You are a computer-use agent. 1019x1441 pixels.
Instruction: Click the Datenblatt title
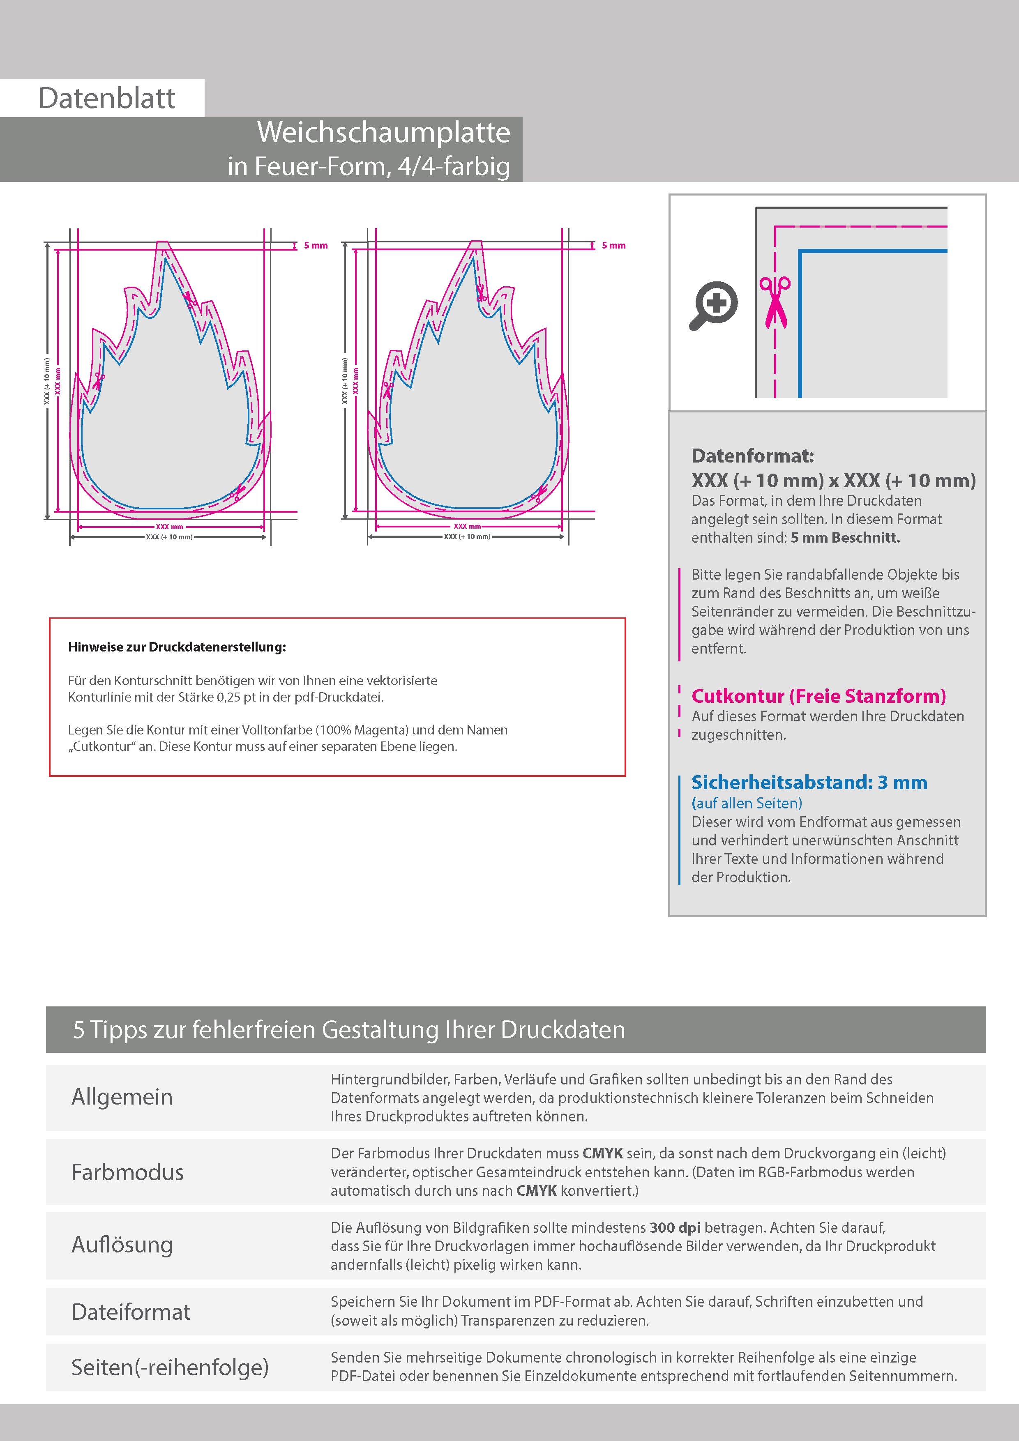[107, 99]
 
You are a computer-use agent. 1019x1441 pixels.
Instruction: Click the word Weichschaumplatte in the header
[384, 132]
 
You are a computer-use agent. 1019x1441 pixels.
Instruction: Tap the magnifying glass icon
[713, 306]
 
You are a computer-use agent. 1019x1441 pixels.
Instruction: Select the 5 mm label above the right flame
[613, 245]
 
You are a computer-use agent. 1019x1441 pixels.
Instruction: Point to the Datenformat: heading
[752, 456]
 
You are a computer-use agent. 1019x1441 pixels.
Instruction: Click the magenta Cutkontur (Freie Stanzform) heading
[818, 696]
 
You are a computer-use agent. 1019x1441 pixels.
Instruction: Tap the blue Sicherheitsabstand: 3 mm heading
[809, 783]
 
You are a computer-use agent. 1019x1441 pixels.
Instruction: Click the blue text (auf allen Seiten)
[747, 803]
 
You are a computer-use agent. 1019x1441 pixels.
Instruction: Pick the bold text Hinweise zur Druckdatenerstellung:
[176, 647]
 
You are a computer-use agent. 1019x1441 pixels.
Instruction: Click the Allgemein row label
[122, 1097]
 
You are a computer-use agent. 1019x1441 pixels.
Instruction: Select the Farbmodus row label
[127, 1172]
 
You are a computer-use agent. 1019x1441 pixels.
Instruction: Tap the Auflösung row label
[122, 1245]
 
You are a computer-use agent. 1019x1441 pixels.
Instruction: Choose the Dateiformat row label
[131, 1312]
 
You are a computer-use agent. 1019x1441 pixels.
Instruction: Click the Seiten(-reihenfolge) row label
[170, 1367]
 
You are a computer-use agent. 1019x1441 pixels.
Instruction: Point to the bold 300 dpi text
[675, 1228]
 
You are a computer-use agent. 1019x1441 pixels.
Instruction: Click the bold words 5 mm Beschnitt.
[845, 538]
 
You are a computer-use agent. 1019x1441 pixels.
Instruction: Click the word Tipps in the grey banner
[119, 1030]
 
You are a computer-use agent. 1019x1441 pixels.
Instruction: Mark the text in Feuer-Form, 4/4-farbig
[369, 166]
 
